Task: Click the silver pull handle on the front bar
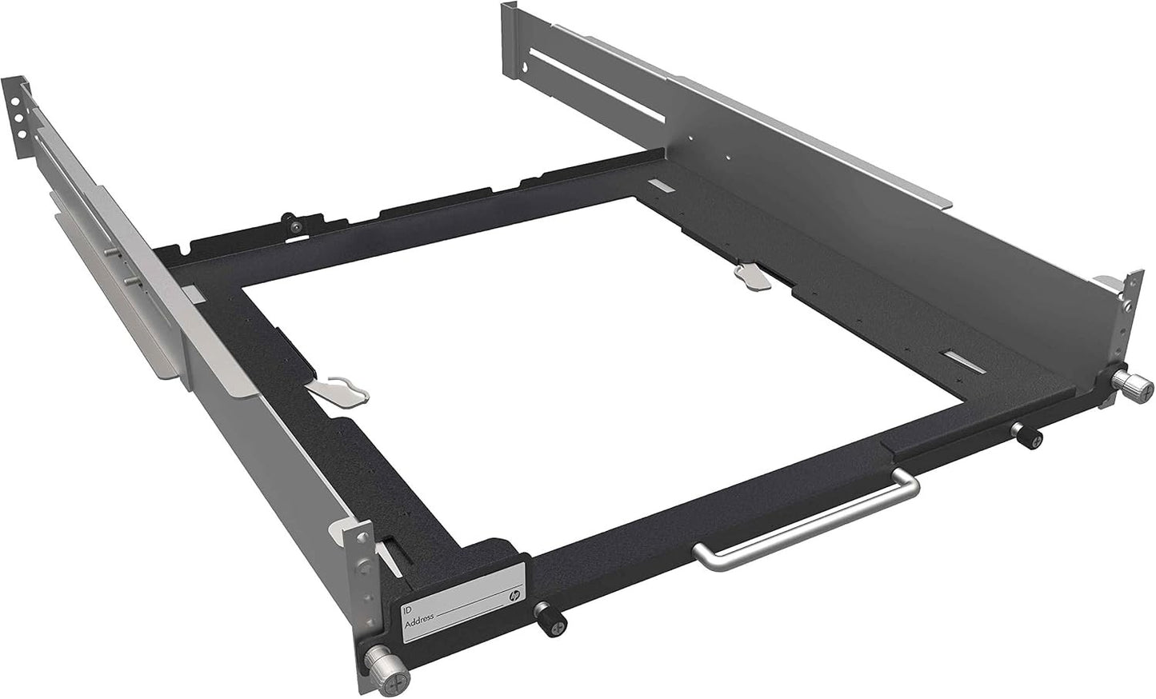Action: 808,520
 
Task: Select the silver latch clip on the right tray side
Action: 752,274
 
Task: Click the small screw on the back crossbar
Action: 298,227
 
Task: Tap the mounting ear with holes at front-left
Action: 362,560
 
